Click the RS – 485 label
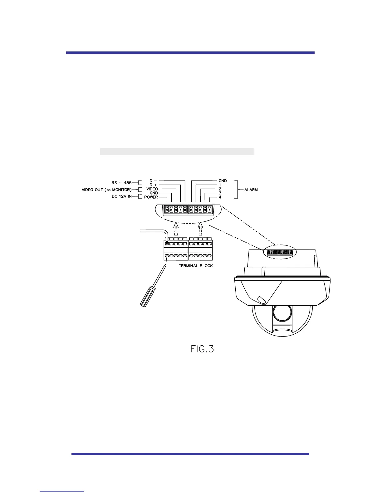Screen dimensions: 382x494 (x=122, y=183)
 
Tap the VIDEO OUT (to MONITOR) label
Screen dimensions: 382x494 (x=107, y=190)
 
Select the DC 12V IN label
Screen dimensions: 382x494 (x=122, y=196)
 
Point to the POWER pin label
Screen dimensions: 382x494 (x=151, y=197)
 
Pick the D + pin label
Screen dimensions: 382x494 (x=153, y=185)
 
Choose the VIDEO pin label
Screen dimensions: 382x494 (x=152, y=189)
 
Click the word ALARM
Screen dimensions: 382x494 (x=251, y=190)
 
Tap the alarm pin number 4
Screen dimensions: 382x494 (x=220, y=197)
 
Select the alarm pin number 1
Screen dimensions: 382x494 (x=220, y=185)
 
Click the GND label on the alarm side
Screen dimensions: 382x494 (x=223, y=181)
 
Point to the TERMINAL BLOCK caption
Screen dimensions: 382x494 (x=196, y=266)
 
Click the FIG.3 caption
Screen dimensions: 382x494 (x=202, y=349)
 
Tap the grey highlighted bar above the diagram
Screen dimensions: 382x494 (x=177, y=152)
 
